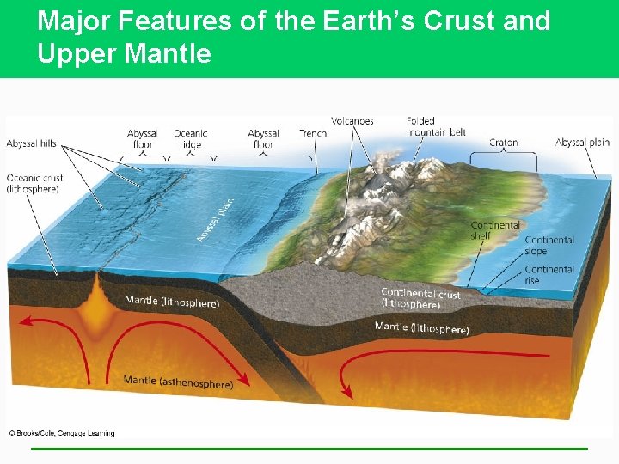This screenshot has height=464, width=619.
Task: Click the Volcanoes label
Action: (x=352, y=121)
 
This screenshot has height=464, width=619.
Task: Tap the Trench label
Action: (x=313, y=134)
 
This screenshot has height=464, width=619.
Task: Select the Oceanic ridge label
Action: (x=191, y=139)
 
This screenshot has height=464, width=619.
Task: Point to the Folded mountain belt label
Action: (x=436, y=127)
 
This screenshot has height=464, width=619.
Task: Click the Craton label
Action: (x=503, y=143)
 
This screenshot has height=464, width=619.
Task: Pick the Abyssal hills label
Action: (x=31, y=143)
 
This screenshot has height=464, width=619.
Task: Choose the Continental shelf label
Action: (x=495, y=230)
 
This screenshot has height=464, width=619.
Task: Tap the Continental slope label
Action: (x=549, y=246)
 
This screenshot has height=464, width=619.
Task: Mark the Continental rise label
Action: (x=549, y=275)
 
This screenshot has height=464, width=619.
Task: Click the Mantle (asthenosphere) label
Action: (x=178, y=382)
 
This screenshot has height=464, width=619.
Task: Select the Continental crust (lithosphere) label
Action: (x=420, y=299)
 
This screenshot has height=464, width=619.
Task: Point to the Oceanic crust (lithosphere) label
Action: (x=34, y=183)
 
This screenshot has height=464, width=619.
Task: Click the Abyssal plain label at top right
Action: (x=582, y=143)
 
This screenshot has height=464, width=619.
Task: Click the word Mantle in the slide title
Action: (x=168, y=54)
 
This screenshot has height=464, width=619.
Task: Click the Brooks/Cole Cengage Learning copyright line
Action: (x=61, y=433)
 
